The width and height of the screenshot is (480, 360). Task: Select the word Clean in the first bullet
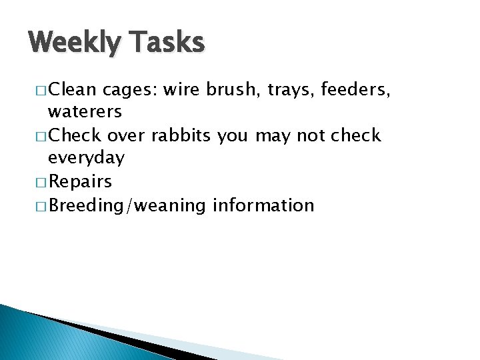coord(73,89)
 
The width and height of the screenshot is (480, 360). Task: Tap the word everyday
coord(86,159)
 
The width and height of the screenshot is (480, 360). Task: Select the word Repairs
coord(81,182)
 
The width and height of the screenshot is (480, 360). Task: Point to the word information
coord(263,205)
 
